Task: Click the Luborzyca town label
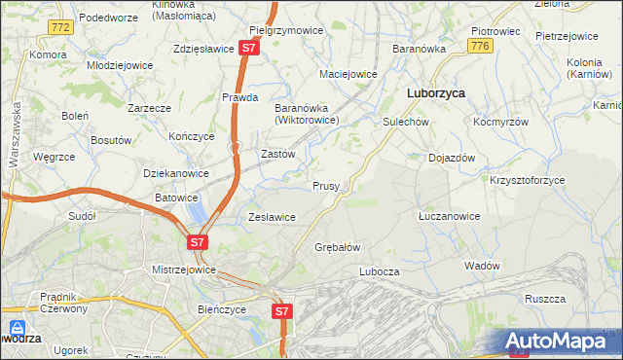pos(434,92)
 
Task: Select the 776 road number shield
pos(478,46)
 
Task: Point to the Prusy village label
pos(326,185)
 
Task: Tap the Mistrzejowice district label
pos(184,269)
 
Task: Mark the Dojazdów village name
pos(452,157)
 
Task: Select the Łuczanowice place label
pos(448,215)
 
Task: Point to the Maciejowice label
pos(348,73)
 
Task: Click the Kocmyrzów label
pos(500,123)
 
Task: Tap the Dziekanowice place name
pos(176,173)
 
